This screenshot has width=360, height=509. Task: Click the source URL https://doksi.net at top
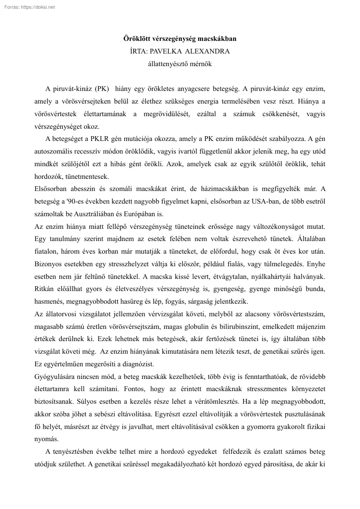pos(36,7)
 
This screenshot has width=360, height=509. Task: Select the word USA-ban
pos(264,203)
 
